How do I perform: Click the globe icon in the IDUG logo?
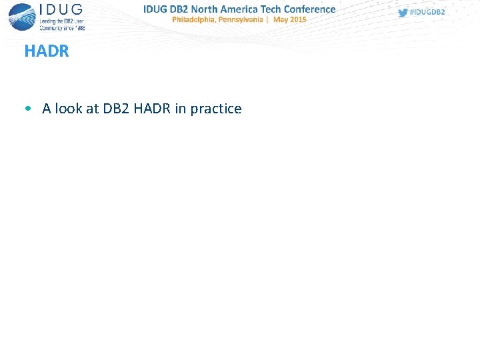23,16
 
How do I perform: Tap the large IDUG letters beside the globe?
61,10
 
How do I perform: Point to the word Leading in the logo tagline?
49,21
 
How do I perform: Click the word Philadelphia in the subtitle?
196,20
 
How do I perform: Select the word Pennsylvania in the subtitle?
244,20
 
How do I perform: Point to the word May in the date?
281,20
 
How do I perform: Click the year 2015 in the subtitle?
299,20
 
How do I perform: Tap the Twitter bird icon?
403,13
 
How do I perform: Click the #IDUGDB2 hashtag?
427,13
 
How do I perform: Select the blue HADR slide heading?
47,51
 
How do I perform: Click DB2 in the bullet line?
117,109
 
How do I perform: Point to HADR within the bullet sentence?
153,109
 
